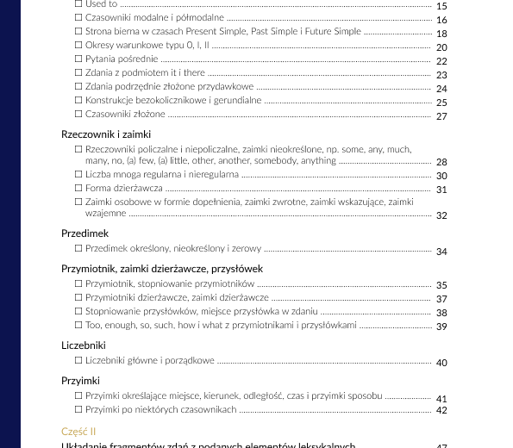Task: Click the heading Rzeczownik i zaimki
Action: [x=106, y=134]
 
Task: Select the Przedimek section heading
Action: [x=84, y=233]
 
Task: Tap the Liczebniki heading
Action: [x=84, y=345]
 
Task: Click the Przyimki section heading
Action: [x=80, y=380]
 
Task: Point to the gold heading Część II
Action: [x=78, y=431]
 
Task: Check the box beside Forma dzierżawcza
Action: [x=79, y=188]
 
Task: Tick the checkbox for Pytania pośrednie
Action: [x=79, y=59]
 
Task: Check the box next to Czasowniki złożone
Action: [x=79, y=114]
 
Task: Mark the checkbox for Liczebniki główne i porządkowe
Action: [x=79, y=360]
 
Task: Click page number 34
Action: [x=441, y=252]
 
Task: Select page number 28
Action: [x=441, y=162]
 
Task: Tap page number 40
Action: [x=441, y=363]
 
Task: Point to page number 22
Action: [x=441, y=61]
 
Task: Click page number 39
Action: [x=441, y=327]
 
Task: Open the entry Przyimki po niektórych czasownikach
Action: [x=160, y=409]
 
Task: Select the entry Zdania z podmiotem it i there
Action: [x=145, y=73]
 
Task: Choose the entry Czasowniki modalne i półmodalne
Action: [x=154, y=18]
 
